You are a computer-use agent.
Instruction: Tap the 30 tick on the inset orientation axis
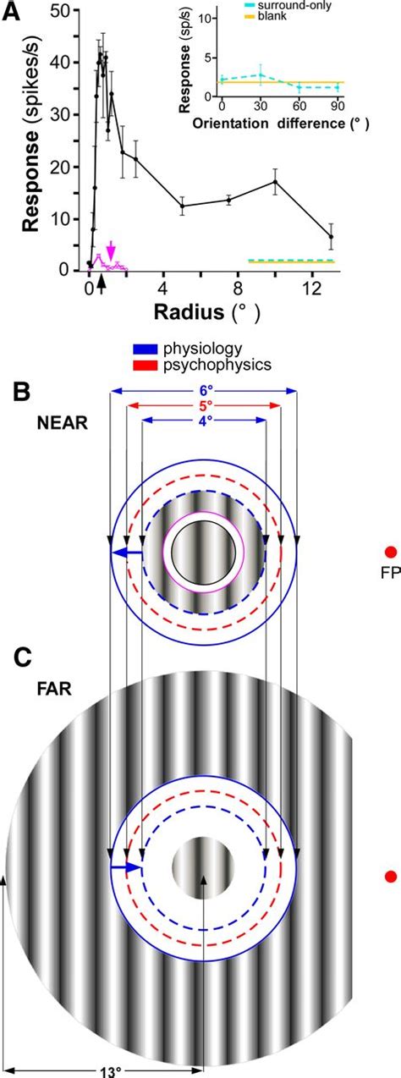[x=261, y=104]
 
